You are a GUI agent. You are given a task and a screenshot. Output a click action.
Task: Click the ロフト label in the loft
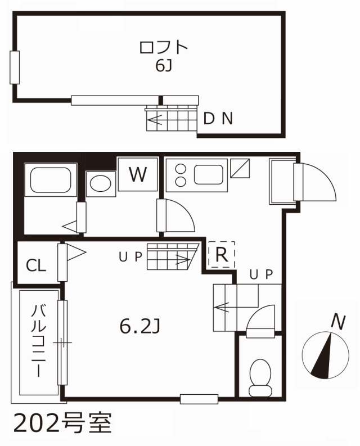pyautogui.click(x=164, y=47)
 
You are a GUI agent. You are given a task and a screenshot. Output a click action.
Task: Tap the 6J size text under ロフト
pyautogui.click(x=164, y=66)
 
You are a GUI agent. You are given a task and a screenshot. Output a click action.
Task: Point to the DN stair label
pyautogui.click(x=218, y=119)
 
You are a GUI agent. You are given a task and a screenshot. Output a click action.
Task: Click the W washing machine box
pyautogui.click(x=138, y=174)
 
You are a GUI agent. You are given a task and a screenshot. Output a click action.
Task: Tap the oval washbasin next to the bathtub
pyautogui.click(x=101, y=183)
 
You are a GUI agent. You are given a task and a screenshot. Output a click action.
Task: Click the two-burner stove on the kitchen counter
pyautogui.click(x=181, y=175)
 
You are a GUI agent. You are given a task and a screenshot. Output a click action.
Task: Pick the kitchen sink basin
pyautogui.click(x=209, y=174)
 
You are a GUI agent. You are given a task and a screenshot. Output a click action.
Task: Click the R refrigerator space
pyautogui.click(x=222, y=254)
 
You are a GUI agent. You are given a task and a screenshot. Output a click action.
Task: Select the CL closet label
pyautogui.click(x=36, y=265)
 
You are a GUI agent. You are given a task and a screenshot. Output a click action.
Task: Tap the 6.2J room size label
pyautogui.click(x=140, y=327)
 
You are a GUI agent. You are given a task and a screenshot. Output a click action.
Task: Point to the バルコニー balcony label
pyautogui.click(x=38, y=341)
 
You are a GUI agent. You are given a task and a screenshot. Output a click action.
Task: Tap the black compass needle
pyautogui.click(x=322, y=356)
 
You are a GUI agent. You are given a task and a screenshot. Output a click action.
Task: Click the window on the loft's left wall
pyautogui.click(x=15, y=67)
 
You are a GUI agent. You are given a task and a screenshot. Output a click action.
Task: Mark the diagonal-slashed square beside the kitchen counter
pyautogui.click(x=240, y=168)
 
